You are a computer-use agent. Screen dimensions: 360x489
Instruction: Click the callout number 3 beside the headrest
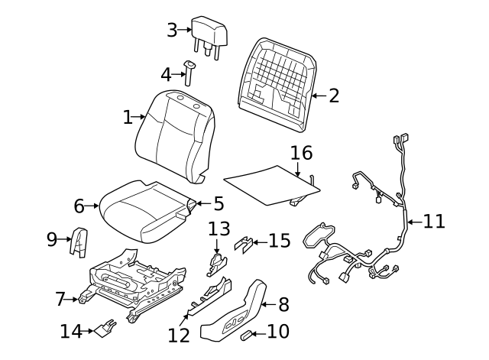(x=172, y=31)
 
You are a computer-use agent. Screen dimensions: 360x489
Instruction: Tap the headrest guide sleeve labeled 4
(x=189, y=72)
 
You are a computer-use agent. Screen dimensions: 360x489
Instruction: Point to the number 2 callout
(x=333, y=96)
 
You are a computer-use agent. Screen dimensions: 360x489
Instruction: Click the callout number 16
(x=301, y=153)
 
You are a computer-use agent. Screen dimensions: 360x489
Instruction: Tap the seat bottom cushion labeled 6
(x=145, y=211)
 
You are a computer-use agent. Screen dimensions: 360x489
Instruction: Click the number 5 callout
(x=219, y=204)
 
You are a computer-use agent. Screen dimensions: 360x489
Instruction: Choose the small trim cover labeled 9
(x=78, y=241)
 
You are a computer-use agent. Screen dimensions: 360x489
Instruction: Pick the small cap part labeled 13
(x=216, y=264)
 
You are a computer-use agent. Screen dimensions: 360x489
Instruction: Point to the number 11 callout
(x=434, y=222)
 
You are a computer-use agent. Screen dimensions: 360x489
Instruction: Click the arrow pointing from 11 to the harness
(x=413, y=222)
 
